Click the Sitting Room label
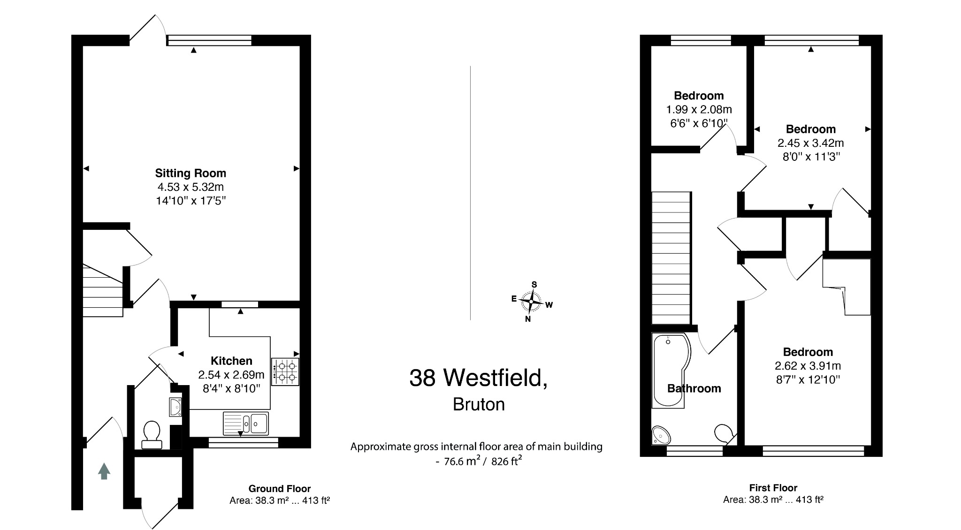(x=191, y=173)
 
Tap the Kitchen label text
(x=231, y=361)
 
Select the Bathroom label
(x=694, y=388)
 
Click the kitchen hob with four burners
(x=285, y=371)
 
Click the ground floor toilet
(x=151, y=434)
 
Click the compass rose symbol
(x=531, y=301)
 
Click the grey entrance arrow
(x=104, y=471)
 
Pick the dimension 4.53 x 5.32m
(x=191, y=187)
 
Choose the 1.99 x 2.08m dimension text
(x=699, y=110)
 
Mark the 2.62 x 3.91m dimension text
(x=808, y=366)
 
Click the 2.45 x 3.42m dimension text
(x=810, y=143)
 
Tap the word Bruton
(x=479, y=405)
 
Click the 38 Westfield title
(x=478, y=378)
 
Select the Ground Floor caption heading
(x=280, y=489)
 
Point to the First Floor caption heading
(x=773, y=488)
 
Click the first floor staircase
(x=671, y=258)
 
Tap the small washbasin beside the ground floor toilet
(x=175, y=407)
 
